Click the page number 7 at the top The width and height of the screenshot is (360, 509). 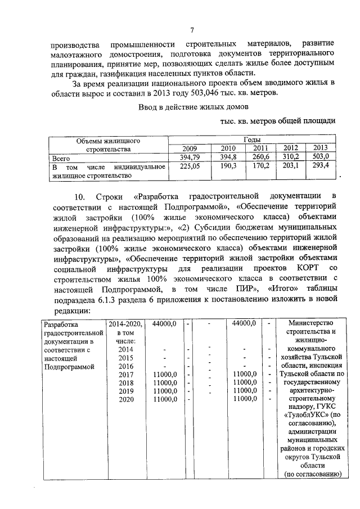[192, 30]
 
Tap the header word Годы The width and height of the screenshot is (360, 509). [251, 139]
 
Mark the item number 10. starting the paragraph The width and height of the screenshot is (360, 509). [80, 196]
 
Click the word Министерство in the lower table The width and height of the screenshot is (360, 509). [309, 324]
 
